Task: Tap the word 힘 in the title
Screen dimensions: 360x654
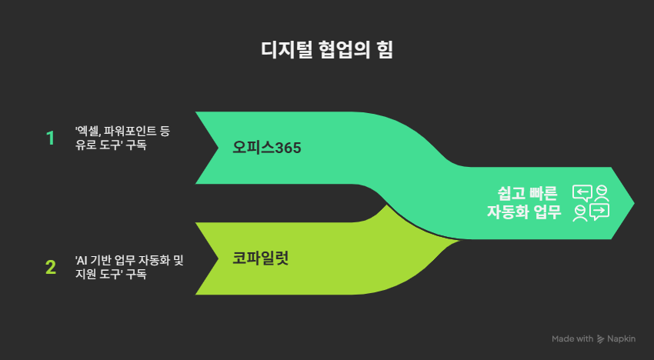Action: tap(384, 52)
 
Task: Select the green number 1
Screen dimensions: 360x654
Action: tap(51, 138)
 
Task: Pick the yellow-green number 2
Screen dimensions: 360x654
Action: tap(51, 268)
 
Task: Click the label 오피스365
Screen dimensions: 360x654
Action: tap(267, 148)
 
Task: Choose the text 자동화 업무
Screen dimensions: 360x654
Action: tap(524, 212)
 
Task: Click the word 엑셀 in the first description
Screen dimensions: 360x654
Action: tap(90, 132)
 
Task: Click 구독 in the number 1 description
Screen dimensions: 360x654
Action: tap(136, 145)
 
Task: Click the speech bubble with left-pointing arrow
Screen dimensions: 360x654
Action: tap(583, 192)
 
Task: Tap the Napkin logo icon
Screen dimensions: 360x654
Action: tap(600, 339)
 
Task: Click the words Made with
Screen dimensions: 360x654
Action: tap(572, 339)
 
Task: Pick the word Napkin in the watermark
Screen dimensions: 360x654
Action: tap(622, 339)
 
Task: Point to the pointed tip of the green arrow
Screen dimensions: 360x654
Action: tap(634, 203)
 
